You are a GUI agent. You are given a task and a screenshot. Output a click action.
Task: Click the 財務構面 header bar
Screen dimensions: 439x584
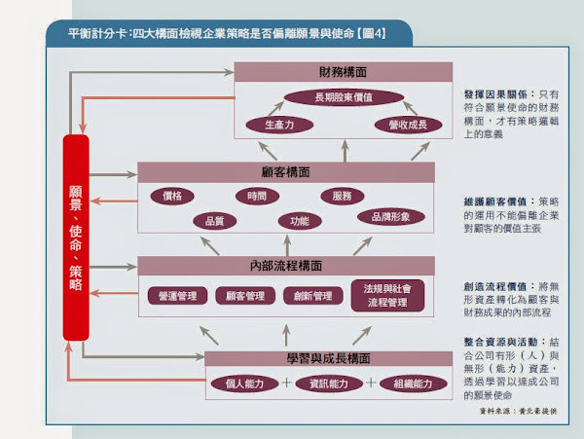point(344,73)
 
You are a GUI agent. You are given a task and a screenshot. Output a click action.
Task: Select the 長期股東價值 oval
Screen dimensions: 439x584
point(345,97)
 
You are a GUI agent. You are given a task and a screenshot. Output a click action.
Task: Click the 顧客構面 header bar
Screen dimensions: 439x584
point(286,172)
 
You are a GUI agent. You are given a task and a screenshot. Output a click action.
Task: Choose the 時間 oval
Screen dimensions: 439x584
point(257,196)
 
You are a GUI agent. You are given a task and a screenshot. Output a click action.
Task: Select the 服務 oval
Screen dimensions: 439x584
point(342,196)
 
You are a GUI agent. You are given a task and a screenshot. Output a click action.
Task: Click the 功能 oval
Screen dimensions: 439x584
point(293,221)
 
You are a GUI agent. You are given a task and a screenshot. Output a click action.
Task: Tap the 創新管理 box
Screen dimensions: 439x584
point(312,296)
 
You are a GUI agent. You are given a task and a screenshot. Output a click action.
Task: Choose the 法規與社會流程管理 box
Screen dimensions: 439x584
point(387,296)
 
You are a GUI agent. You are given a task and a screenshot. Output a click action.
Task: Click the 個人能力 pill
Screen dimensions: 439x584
point(241,384)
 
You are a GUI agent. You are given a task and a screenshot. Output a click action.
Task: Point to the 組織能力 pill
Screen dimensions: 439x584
point(408,384)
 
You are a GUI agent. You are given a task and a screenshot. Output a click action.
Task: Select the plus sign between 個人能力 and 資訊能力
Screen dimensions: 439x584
point(286,383)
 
